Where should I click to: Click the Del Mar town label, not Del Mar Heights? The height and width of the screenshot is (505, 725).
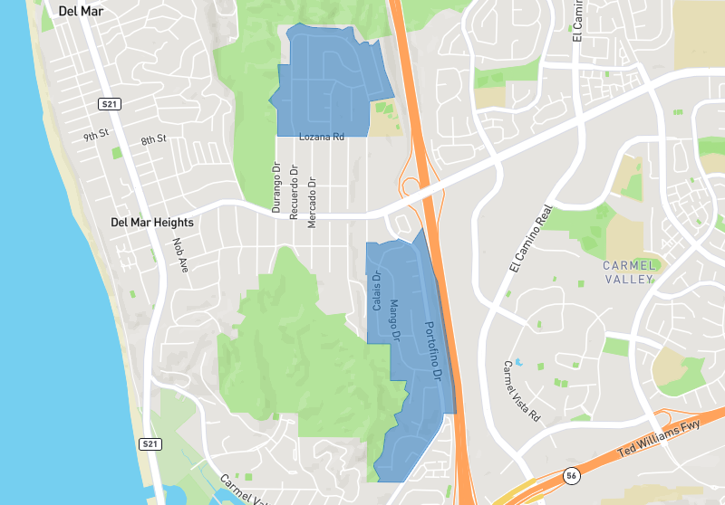tap(81, 12)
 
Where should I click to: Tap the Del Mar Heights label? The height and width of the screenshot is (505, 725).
tap(151, 222)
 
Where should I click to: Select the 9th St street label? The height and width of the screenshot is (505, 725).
tap(96, 136)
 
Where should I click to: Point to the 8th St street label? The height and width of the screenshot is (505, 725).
tap(153, 139)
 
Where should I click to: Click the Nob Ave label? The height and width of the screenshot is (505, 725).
tap(179, 256)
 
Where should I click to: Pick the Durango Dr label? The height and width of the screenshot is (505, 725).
tap(277, 187)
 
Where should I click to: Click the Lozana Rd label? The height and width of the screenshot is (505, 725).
tap(322, 137)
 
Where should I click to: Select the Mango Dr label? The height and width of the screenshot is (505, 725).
tap(394, 321)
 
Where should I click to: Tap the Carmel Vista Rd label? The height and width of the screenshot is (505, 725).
tap(521, 392)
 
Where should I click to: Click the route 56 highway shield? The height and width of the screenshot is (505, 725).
tap(570, 474)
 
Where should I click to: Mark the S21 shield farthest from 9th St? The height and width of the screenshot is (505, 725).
tap(150, 444)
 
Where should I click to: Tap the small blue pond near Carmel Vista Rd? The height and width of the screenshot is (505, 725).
tap(519, 362)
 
